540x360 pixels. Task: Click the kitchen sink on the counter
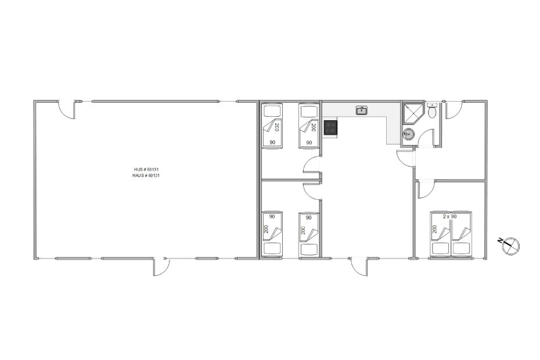click(x=361, y=110)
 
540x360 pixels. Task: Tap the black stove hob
click(x=330, y=128)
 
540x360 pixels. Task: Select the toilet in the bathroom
click(x=431, y=112)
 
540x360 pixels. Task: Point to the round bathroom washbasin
click(x=409, y=134)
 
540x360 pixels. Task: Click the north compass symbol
click(x=509, y=245)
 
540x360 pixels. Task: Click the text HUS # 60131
click(x=146, y=170)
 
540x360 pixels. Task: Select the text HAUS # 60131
click(x=146, y=175)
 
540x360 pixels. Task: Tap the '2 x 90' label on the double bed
click(x=449, y=217)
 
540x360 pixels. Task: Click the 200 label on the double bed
click(x=435, y=229)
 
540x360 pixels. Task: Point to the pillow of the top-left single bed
click(x=272, y=111)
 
